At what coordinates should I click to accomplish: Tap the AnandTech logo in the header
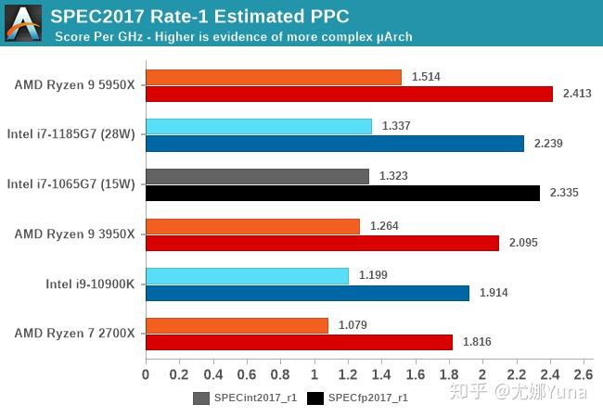[x=22, y=22]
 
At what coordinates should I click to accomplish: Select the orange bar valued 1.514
[x=274, y=77]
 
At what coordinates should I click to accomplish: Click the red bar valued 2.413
[x=349, y=94]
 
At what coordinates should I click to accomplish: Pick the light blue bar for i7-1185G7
[x=259, y=127]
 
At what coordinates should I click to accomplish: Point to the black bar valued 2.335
[x=342, y=193]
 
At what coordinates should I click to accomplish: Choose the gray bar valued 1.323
[x=257, y=176]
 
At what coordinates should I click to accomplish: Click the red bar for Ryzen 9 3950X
[x=322, y=243]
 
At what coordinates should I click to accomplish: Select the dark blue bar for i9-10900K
[x=307, y=293]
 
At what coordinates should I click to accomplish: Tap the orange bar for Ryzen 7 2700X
[x=237, y=325]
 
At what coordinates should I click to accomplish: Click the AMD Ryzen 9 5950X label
[x=74, y=85]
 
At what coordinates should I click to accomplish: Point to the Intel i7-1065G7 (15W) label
[x=71, y=183]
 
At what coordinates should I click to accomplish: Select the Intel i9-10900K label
[x=90, y=284]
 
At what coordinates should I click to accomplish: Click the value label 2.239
[x=548, y=144]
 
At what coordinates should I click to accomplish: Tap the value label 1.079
[x=352, y=325]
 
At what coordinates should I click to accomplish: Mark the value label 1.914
[x=494, y=293]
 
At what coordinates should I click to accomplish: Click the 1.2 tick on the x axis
[x=347, y=375]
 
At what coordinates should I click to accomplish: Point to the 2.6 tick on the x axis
[x=583, y=375]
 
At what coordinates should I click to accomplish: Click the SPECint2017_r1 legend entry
[x=245, y=398]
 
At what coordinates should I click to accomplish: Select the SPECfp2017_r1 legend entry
[x=359, y=398]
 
